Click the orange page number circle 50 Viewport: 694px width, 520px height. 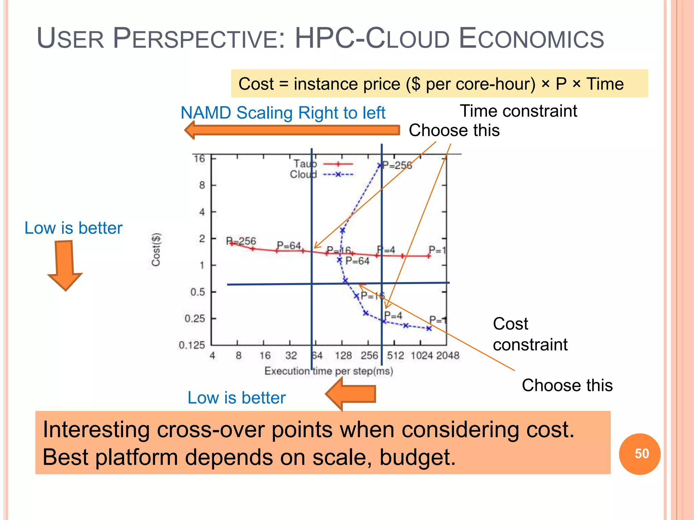tap(639, 454)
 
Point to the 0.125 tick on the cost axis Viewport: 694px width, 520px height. tap(192, 345)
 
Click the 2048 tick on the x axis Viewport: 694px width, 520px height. tap(447, 355)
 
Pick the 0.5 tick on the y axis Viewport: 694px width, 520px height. tap(198, 292)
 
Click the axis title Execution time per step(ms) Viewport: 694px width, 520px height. tap(329, 371)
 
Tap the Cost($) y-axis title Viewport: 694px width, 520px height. tap(156, 250)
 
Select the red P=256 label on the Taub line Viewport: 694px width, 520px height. tap(241, 241)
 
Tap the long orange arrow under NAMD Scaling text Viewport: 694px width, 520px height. tap(292, 130)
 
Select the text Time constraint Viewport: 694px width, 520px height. tap(518, 111)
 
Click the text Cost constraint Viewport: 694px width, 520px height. tap(530, 334)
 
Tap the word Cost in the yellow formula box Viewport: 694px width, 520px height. tap(256, 84)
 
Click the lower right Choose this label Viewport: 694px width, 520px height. tap(567, 385)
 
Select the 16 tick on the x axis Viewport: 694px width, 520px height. tap(265, 355)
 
